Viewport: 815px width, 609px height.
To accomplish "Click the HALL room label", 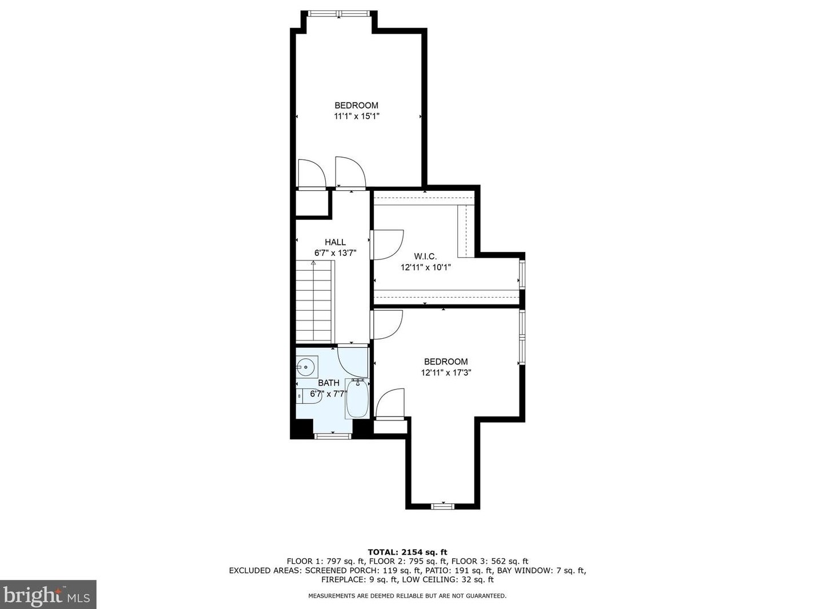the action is click(x=335, y=242).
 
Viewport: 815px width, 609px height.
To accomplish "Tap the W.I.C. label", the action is click(x=425, y=256).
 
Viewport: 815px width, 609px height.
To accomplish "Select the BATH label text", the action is click(x=329, y=383).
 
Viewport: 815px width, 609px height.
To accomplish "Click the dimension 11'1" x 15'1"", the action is click(x=357, y=116).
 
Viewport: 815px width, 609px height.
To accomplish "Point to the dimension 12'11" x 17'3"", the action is click(x=446, y=372).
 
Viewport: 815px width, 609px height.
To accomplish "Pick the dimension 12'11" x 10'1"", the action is click(x=426, y=267).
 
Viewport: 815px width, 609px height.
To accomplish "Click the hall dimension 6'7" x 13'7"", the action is click(x=335, y=253).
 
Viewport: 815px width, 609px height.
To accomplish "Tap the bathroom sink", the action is click(x=307, y=367).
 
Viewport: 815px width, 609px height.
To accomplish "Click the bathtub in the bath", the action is click(x=357, y=399).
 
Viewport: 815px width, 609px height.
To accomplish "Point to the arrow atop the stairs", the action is click(x=314, y=263).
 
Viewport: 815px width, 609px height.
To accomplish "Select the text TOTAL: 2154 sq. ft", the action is click(x=407, y=552).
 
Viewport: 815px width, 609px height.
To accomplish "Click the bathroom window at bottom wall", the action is click(x=333, y=436).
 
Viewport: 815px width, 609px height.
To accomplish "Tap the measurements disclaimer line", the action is click(x=407, y=596).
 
